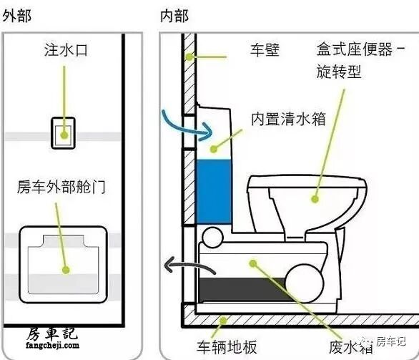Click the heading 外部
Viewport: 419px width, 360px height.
point(17,16)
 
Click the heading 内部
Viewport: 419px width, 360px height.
point(174,16)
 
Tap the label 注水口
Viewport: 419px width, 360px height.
point(66,50)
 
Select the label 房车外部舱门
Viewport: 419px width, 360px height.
point(61,186)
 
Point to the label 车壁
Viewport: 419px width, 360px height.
point(265,50)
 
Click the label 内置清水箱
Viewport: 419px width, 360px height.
point(288,119)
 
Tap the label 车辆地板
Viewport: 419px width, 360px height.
point(227,347)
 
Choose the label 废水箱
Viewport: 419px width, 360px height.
point(351,347)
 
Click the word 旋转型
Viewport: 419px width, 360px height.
point(339,72)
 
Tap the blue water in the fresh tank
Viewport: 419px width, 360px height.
point(214,192)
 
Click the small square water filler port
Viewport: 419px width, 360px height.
point(63,133)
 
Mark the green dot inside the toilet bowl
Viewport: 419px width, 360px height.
point(315,199)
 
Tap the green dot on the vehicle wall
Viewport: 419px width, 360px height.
point(189,57)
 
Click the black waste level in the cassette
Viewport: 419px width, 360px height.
point(243,290)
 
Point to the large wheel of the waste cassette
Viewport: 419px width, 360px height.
point(305,283)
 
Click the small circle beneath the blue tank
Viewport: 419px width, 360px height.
point(212,237)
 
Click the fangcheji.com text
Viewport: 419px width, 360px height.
point(53,345)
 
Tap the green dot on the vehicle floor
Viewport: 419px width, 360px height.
point(223,320)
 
